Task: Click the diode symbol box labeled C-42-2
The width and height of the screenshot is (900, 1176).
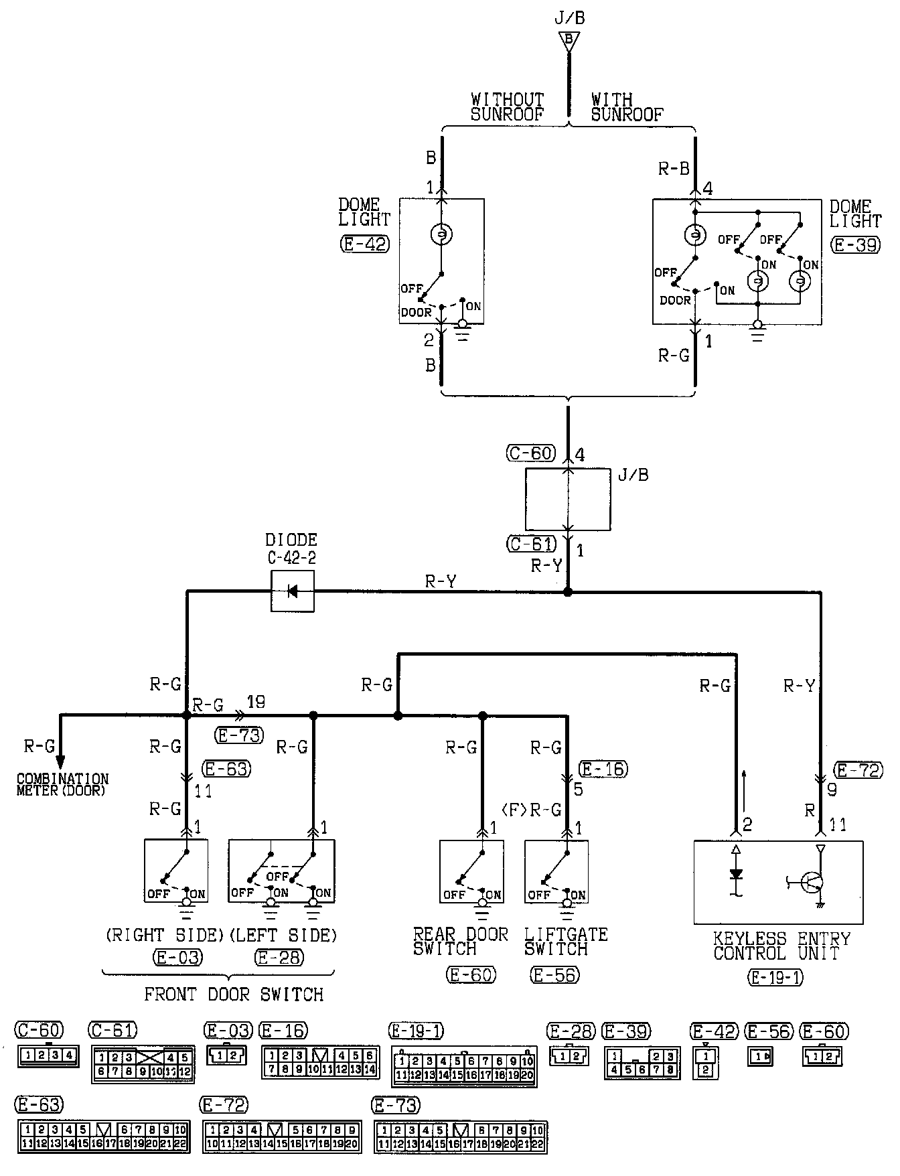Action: click(x=292, y=591)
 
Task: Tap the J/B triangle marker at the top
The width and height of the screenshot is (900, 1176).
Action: click(x=569, y=41)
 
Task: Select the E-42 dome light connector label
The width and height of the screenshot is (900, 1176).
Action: click(x=364, y=244)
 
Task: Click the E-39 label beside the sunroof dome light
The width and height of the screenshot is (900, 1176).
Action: click(x=856, y=245)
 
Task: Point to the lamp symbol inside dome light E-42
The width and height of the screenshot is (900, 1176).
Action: click(x=441, y=234)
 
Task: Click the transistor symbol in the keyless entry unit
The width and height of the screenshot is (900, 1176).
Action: click(x=812, y=883)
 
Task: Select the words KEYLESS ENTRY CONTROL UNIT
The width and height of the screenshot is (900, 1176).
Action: click(x=781, y=946)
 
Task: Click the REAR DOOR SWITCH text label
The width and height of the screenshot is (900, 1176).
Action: click(x=460, y=941)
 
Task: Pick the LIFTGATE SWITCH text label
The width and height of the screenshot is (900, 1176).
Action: click(x=565, y=941)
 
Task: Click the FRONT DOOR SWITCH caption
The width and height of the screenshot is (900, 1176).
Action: click(x=234, y=994)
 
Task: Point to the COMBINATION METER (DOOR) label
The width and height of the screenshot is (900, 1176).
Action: click(x=62, y=784)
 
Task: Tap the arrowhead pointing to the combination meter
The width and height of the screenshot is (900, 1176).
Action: click(x=60, y=762)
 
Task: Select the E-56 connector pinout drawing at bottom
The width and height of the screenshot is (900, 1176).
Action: click(x=760, y=1057)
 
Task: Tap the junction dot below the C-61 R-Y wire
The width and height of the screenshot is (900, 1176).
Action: click(x=568, y=592)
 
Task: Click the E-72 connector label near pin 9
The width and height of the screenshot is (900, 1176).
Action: click(x=858, y=770)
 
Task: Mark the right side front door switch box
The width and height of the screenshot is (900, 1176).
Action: click(x=176, y=871)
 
